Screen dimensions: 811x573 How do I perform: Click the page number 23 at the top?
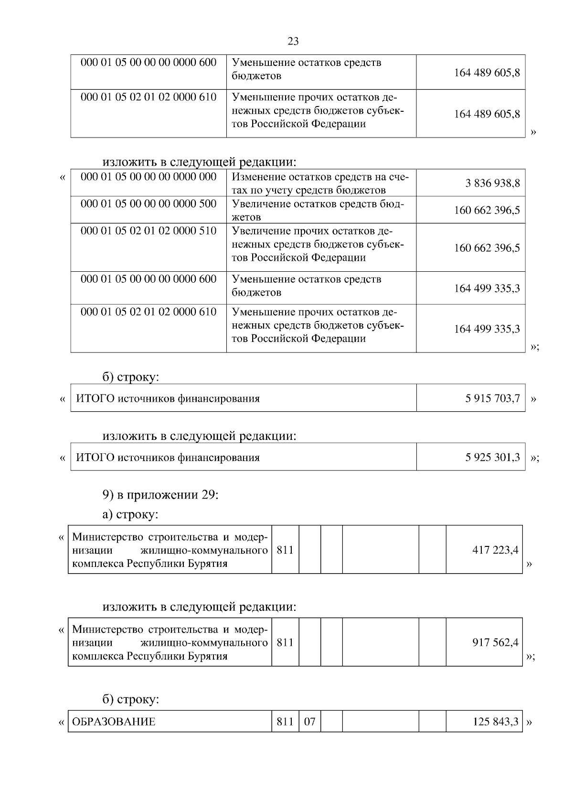pos(293,42)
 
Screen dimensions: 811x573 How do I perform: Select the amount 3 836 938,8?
pos(492,183)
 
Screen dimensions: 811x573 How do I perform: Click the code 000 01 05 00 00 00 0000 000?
pos(149,177)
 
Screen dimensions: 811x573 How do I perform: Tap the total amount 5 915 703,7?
pos(492,398)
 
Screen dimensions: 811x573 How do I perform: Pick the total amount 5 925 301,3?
pos(492,458)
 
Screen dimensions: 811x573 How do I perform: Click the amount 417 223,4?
pos(495,550)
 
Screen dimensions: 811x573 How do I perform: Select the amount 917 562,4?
pos(495,643)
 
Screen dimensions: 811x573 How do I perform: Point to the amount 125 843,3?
pos(495,722)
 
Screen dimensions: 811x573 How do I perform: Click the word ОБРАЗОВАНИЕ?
pos(114,722)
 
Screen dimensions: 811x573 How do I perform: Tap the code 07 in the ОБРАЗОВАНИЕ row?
pos(309,722)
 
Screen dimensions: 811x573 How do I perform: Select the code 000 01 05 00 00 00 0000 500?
pos(149,204)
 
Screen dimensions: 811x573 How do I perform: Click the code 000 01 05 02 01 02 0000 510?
pos(149,231)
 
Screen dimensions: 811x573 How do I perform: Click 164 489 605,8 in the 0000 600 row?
pos(487,73)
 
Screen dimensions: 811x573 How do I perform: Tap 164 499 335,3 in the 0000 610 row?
pos(487,329)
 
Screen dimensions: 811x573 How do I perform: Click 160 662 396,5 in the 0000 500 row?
pos(487,211)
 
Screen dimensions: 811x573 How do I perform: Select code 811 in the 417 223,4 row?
pos(285,550)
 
